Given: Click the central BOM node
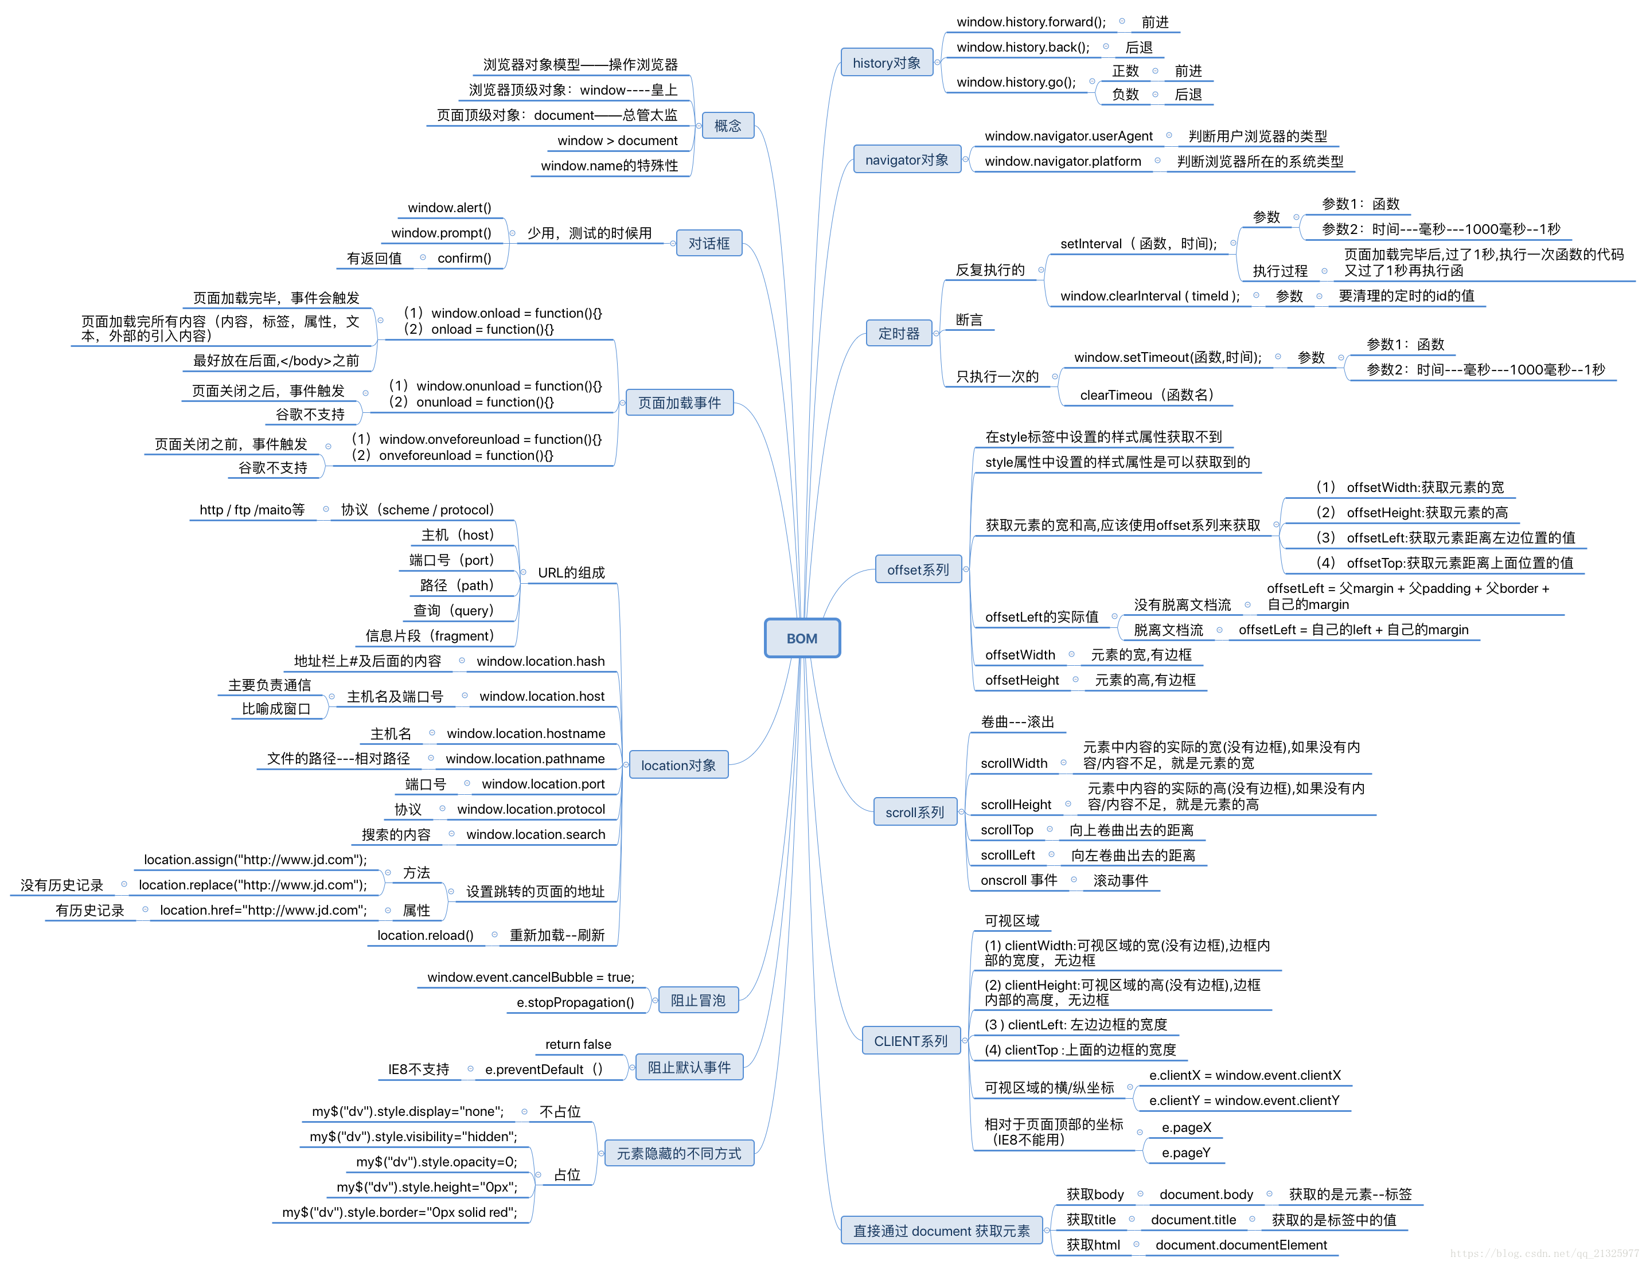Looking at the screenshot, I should [801, 638].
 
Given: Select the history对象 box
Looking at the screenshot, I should [886, 63].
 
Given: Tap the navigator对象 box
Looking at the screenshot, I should [907, 159].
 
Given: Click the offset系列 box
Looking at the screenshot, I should [918, 570].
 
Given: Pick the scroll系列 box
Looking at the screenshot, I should [914, 813].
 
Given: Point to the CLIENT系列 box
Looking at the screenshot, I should [910, 1041].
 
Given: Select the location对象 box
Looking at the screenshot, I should [678, 765].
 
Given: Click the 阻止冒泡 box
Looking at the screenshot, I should [697, 1000].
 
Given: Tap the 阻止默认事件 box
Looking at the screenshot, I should [688, 1067].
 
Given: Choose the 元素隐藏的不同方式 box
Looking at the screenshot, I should [678, 1153].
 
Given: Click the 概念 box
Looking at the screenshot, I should [727, 126].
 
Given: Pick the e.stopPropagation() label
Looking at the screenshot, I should [575, 1002].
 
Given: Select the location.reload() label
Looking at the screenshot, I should [424, 935].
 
